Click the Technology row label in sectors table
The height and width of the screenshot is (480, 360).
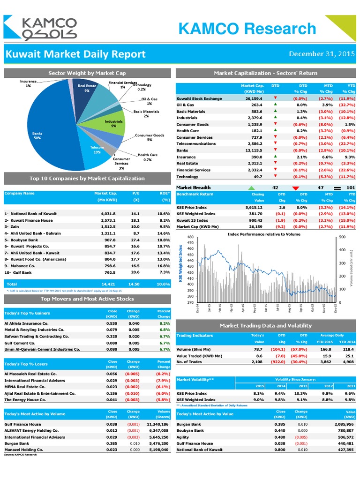click(x=187, y=177)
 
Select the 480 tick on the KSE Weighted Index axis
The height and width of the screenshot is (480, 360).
click(x=190, y=237)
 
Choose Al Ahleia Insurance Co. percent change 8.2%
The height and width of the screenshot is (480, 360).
click(x=164, y=323)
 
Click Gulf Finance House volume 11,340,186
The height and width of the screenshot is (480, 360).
click(x=157, y=424)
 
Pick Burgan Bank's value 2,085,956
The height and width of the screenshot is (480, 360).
click(x=342, y=424)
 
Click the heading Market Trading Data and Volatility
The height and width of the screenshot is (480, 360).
click(x=265, y=325)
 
